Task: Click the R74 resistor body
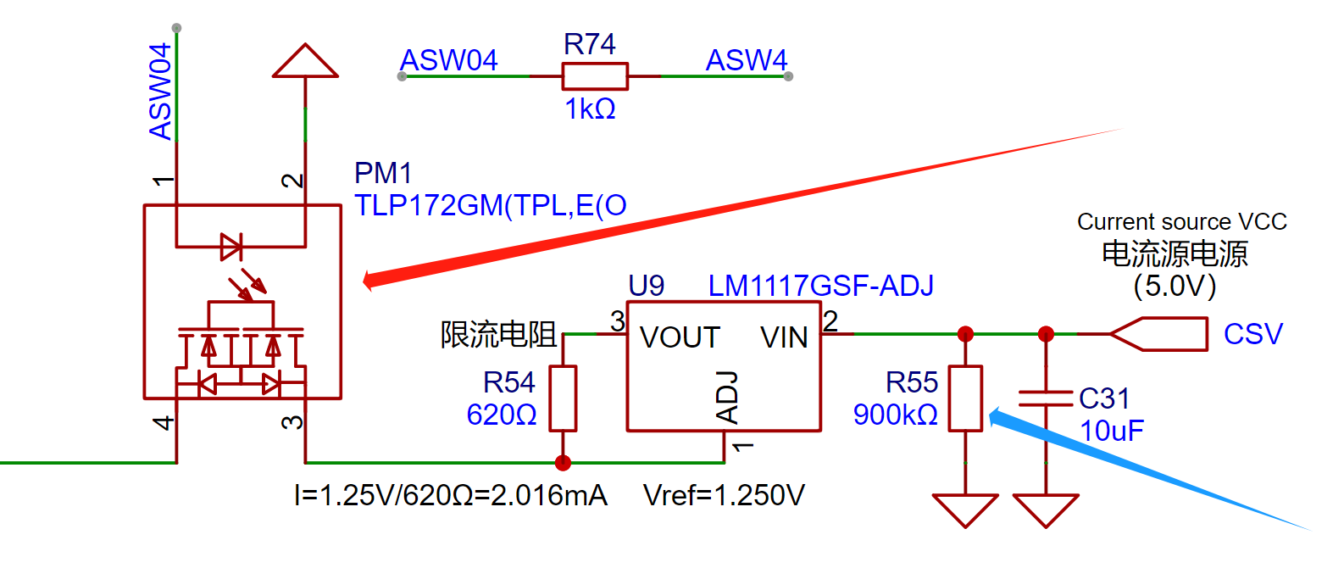point(595,76)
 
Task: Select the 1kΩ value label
point(590,109)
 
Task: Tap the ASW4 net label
point(746,60)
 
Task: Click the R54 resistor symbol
point(563,398)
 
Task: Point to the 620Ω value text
point(502,415)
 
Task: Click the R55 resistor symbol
point(965,398)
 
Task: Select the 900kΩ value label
point(895,415)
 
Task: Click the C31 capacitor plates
point(1046,398)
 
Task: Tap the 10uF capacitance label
point(1111,431)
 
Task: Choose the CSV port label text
point(1252,334)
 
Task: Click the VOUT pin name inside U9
point(680,337)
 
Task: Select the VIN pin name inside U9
point(784,337)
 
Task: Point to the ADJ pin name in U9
point(728,397)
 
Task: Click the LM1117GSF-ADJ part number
point(820,286)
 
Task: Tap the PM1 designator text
point(383,173)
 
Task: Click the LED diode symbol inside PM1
point(230,247)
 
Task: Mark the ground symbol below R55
point(965,510)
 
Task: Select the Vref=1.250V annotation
point(724,495)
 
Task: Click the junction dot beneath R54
point(563,463)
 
